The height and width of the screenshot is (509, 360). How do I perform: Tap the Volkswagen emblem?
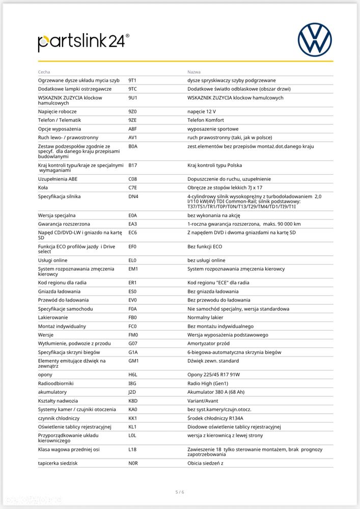coord(314,40)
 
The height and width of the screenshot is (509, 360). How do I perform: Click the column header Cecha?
coord(44,72)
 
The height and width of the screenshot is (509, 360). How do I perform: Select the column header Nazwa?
coord(194,72)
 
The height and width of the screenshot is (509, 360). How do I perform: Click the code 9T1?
coord(132,81)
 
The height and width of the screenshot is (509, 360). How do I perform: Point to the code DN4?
coord(133,196)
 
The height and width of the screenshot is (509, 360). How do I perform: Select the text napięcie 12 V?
coord(202,112)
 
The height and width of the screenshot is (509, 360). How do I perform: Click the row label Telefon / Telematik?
coord(60,120)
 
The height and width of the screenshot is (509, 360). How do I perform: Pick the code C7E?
coord(132,187)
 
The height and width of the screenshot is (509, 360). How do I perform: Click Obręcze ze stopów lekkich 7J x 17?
coord(225,187)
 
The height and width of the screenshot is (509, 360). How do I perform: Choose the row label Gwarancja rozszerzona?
coord(63,224)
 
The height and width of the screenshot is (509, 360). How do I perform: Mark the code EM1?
coord(133,269)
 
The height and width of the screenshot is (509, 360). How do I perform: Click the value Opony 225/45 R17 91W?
coord(213,374)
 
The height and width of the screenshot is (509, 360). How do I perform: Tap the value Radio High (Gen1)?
coord(208,383)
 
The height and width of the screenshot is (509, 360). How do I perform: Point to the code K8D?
coord(133,401)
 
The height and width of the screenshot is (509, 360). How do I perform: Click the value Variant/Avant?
coord(203,401)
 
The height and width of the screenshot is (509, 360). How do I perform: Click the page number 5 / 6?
coord(180,492)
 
